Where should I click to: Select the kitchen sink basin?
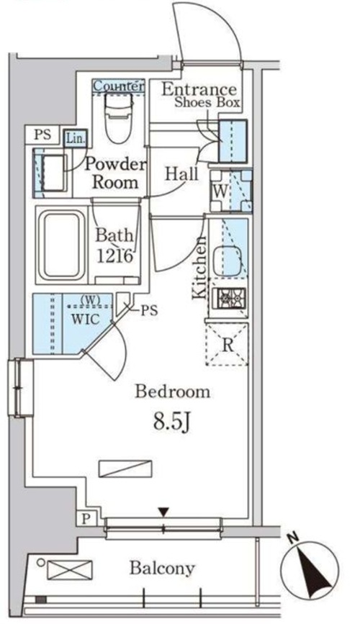point(227,261)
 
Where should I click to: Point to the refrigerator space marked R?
point(227,345)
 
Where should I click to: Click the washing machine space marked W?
point(231,191)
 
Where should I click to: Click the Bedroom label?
point(172,392)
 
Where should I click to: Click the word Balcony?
point(162,569)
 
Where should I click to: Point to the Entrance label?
point(199,89)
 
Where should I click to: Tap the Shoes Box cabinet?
point(233,141)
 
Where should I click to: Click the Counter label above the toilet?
point(118,86)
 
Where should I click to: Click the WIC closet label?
point(85,319)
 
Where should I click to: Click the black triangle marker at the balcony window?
point(163,512)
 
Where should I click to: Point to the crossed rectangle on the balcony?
point(70,569)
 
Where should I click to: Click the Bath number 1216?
point(114,256)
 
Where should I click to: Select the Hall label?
point(181,174)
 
